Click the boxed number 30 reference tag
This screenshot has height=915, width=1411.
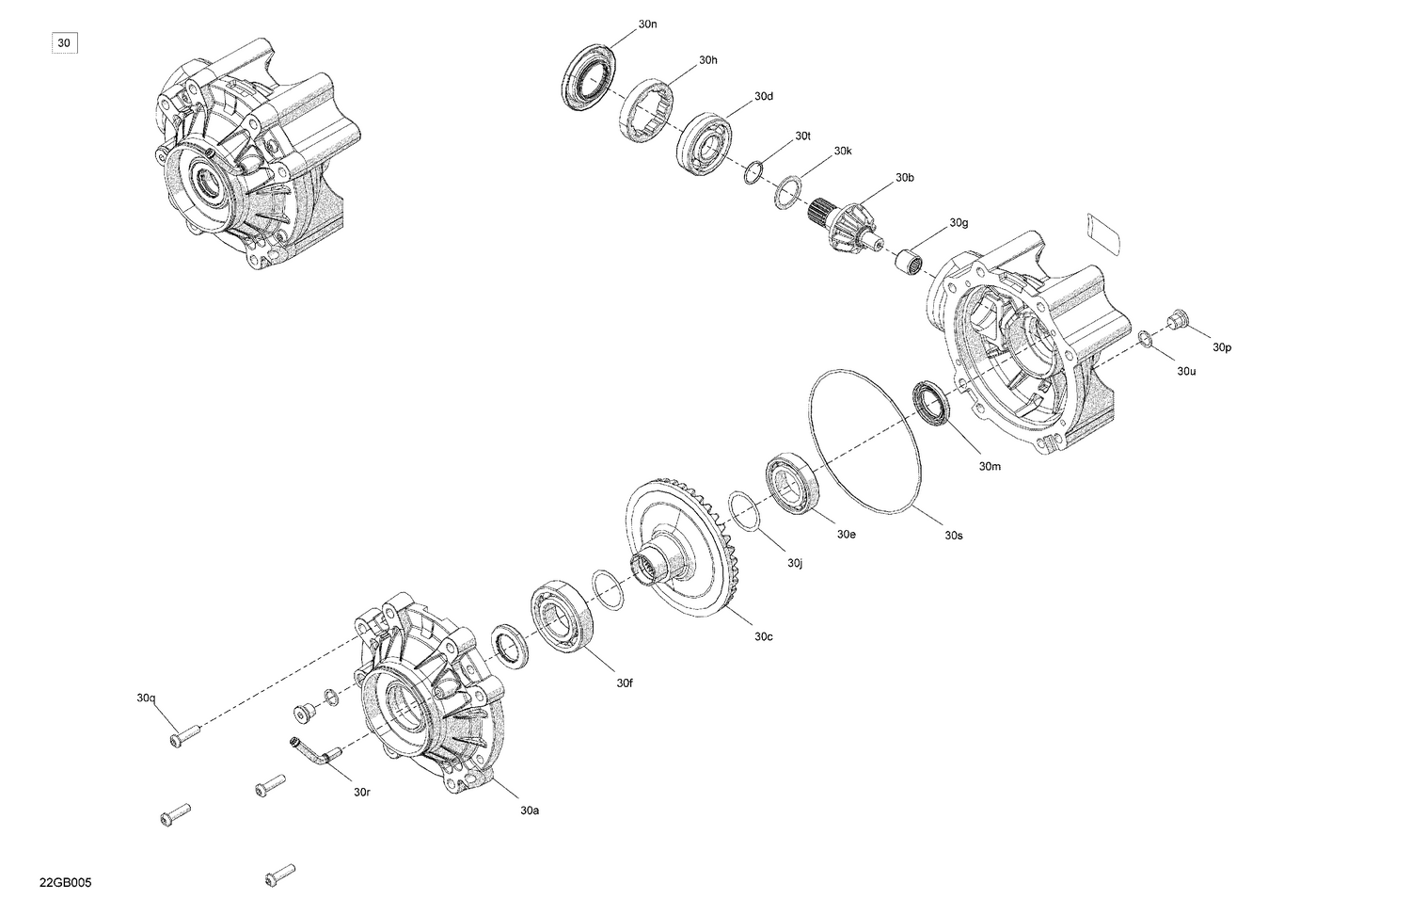[x=64, y=42]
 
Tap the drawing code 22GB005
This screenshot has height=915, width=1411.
[x=65, y=883]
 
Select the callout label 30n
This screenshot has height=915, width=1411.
[x=647, y=24]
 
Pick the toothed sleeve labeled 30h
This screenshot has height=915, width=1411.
[x=646, y=112]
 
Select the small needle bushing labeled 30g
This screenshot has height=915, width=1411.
[x=908, y=260]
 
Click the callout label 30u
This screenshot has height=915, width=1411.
[x=1186, y=371]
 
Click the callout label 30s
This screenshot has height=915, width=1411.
[x=954, y=535]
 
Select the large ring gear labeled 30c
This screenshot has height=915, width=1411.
[x=682, y=546]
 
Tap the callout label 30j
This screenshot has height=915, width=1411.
[x=795, y=563]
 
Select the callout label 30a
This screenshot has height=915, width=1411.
[x=530, y=810]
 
